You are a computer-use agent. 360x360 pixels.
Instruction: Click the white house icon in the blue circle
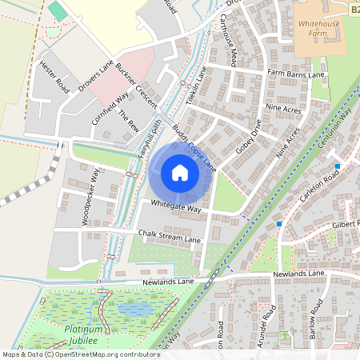click(x=180, y=172)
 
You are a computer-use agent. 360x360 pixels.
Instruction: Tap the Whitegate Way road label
click(x=174, y=206)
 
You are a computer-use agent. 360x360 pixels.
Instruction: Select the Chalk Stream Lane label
click(x=169, y=237)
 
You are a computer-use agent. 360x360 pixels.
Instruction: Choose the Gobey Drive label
click(x=250, y=138)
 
